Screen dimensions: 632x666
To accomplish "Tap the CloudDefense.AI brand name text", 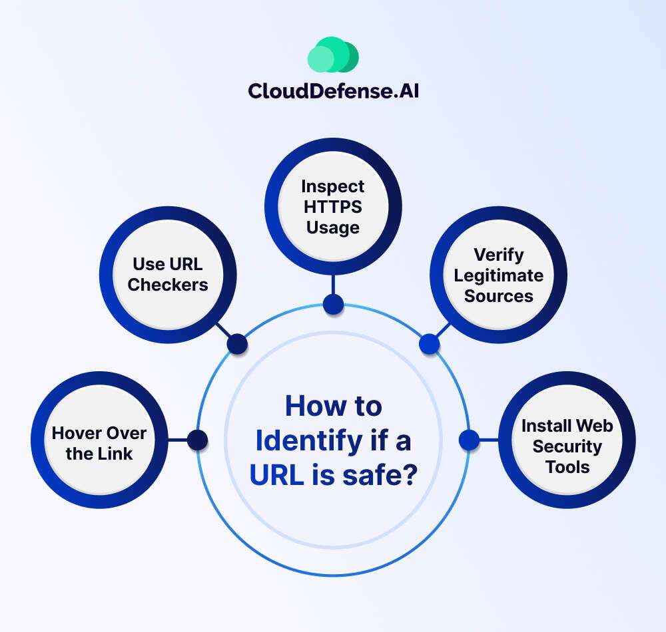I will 333,90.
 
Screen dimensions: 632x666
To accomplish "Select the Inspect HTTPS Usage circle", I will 333,206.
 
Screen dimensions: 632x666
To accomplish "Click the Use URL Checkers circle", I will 168,274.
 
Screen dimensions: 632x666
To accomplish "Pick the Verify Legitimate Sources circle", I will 499,275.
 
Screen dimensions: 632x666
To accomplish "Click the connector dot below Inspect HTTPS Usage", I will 333,305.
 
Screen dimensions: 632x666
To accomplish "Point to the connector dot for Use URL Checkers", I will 237,344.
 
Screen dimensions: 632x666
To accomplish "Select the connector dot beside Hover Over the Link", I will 197,440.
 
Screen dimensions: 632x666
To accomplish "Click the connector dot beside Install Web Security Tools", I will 469,440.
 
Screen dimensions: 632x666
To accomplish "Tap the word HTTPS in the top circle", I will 333,206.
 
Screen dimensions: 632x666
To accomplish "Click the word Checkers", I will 168,285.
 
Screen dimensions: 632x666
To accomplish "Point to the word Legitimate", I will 499,275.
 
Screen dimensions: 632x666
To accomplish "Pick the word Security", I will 567,446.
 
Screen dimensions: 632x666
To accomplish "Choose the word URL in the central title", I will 272,475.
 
